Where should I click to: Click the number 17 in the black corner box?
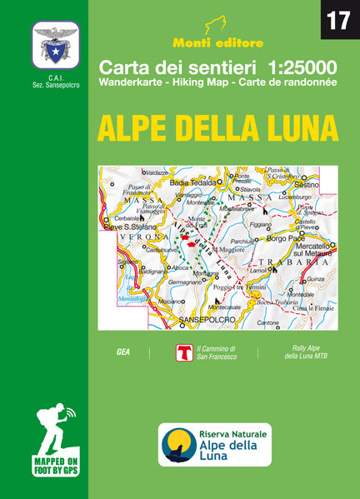(338, 20)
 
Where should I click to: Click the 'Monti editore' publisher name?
(216, 42)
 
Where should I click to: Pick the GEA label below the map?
(122, 352)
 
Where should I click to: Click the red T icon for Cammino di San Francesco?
(184, 352)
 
